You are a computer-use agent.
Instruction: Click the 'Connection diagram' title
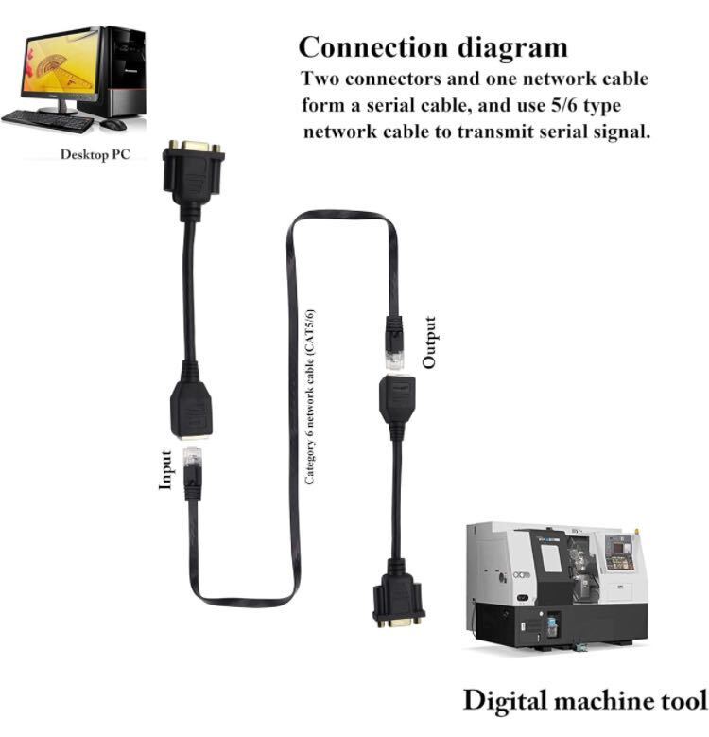tap(433, 46)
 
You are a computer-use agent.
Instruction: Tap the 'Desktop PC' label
tap(95, 154)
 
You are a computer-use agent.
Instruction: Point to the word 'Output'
tap(430, 342)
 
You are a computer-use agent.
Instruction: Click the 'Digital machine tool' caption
tap(584, 700)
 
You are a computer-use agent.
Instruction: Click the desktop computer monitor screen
tap(59, 62)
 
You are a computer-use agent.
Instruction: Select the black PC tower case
tap(124, 71)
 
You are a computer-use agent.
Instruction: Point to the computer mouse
tap(112, 124)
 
